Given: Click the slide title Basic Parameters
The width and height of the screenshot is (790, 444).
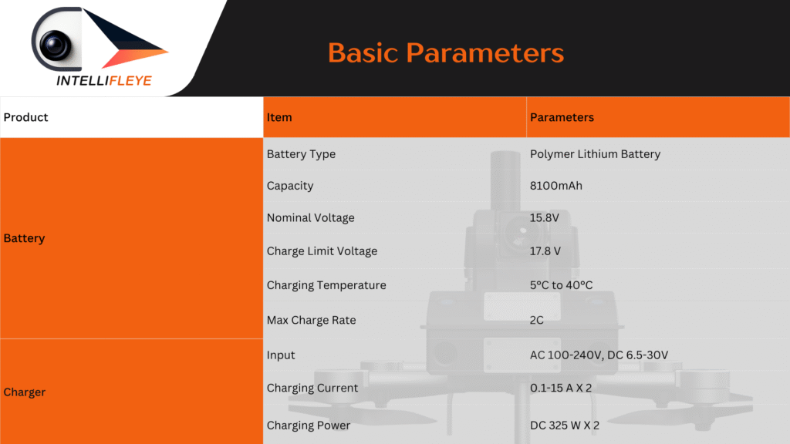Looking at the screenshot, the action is pyautogui.click(x=446, y=53).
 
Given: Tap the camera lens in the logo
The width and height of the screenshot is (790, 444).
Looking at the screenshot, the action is pyautogui.click(x=55, y=45).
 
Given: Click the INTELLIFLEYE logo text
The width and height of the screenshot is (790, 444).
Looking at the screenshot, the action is pyautogui.click(x=104, y=80).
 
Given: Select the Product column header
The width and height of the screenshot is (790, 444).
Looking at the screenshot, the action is pyautogui.click(x=25, y=117).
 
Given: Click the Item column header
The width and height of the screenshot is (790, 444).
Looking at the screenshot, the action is pyautogui.click(x=279, y=117).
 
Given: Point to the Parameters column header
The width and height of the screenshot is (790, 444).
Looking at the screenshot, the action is pyautogui.click(x=562, y=117).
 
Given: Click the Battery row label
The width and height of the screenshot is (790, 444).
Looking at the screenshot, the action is pyautogui.click(x=24, y=238).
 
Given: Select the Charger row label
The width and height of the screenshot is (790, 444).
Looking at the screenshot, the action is pyautogui.click(x=24, y=392).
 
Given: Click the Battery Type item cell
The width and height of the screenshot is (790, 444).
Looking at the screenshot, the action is pyautogui.click(x=301, y=154).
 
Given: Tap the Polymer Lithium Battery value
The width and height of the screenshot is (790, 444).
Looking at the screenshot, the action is pyautogui.click(x=595, y=154).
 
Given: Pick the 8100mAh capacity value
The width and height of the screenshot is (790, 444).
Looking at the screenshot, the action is pyautogui.click(x=555, y=186).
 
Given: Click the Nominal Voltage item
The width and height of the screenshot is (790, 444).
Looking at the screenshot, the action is pyautogui.click(x=310, y=218).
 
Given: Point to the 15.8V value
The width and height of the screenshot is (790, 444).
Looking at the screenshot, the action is pyautogui.click(x=544, y=218).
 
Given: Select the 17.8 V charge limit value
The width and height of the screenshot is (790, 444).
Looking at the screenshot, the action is pyautogui.click(x=545, y=251).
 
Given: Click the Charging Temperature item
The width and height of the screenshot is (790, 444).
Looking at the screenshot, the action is pyautogui.click(x=326, y=285).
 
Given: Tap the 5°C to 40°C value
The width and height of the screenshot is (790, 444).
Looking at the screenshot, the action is pyautogui.click(x=562, y=285).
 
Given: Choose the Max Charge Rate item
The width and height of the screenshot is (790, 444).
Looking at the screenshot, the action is pyautogui.click(x=311, y=320).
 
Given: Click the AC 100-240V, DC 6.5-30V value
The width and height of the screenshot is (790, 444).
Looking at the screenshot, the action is pyautogui.click(x=599, y=355).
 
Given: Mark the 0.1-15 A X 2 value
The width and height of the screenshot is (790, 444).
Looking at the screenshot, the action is pyautogui.click(x=561, y=388).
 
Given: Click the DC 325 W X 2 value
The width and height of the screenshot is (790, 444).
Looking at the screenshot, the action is pyautogui.click(x=565, y=425).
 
